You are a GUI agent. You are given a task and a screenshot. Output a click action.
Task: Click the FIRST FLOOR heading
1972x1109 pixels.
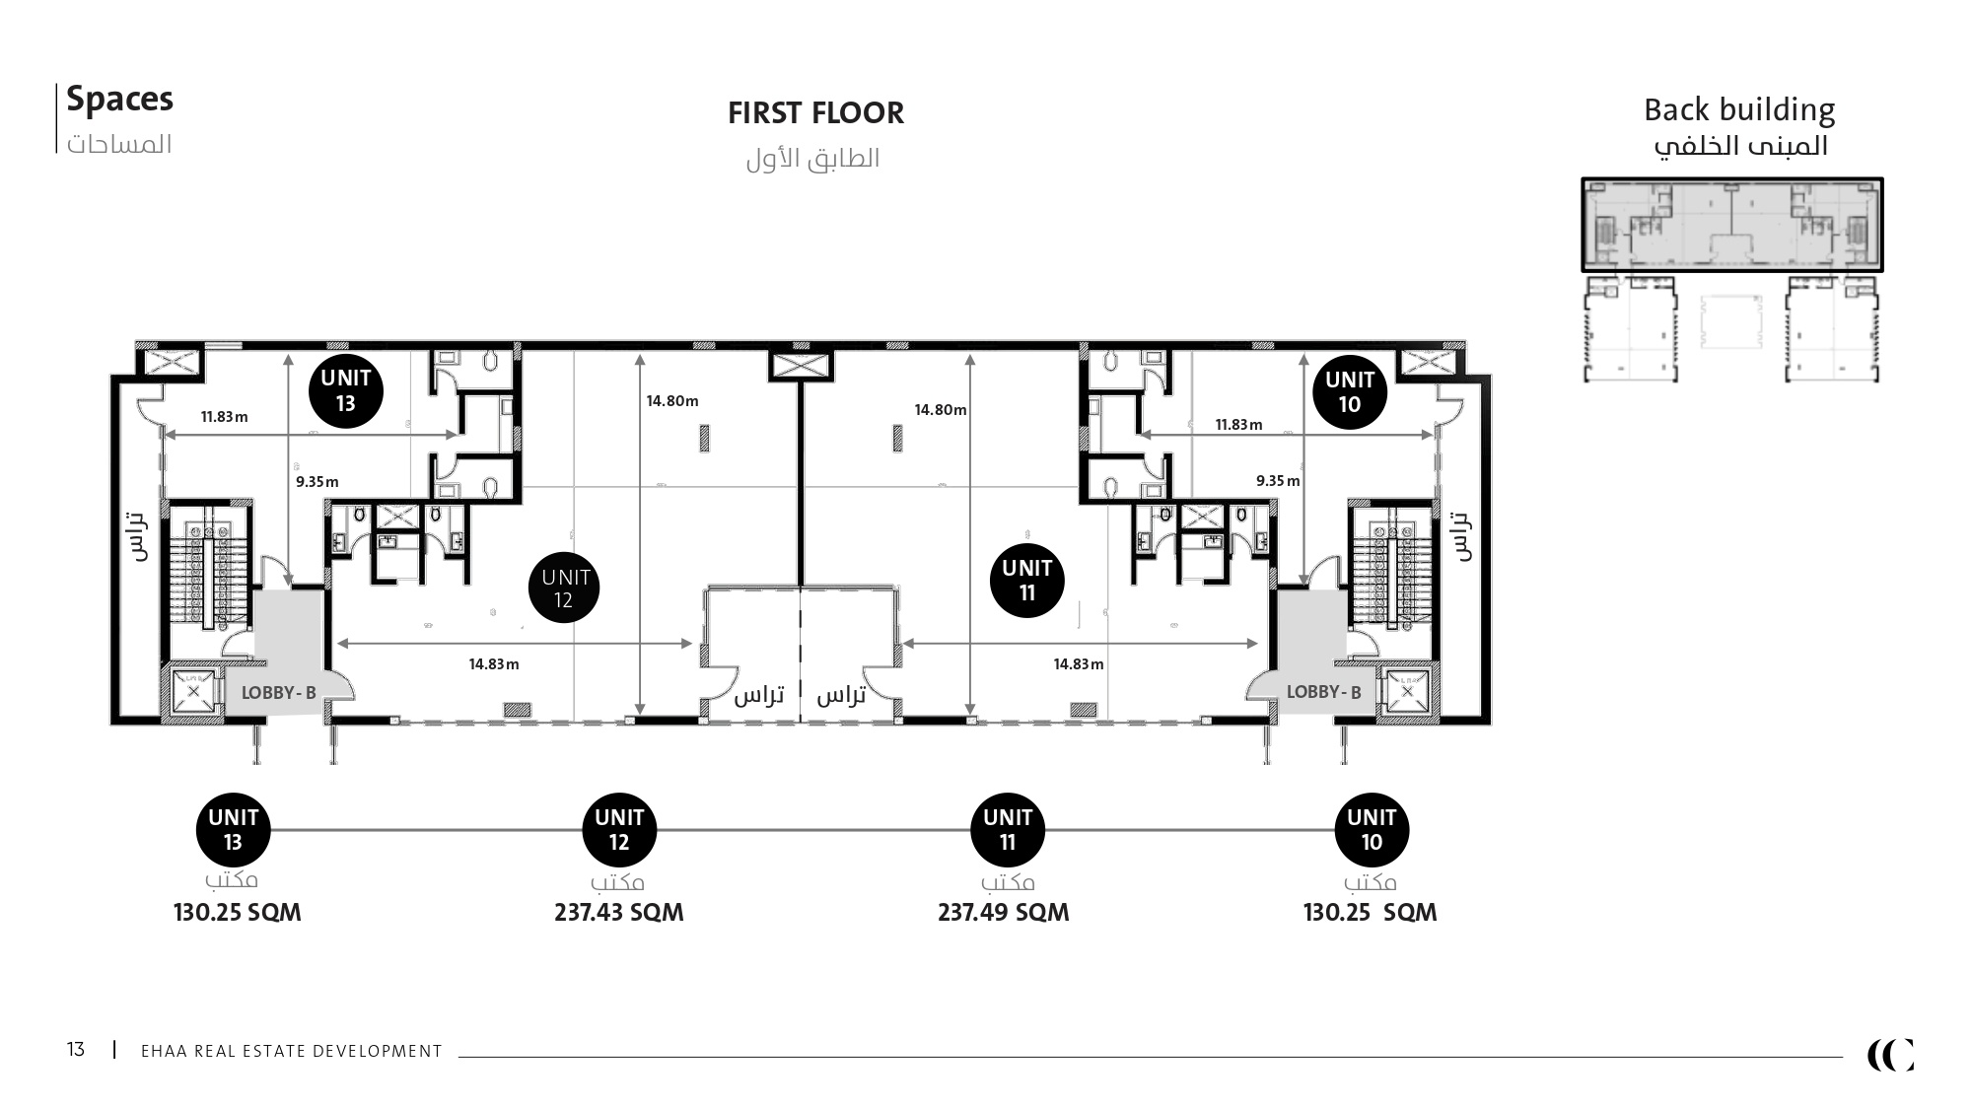815,113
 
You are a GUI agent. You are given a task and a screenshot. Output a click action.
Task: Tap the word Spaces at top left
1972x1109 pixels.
119,100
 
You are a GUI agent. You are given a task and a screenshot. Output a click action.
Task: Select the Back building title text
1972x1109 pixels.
1739,109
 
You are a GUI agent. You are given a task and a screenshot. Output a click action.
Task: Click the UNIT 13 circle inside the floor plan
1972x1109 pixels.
346,390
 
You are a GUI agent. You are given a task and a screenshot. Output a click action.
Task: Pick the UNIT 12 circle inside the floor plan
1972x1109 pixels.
565,588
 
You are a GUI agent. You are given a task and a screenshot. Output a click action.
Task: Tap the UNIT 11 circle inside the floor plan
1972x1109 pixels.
1027,581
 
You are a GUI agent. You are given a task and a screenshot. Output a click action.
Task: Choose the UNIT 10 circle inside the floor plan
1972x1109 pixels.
1350,392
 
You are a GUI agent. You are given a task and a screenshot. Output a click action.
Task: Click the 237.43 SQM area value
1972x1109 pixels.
618,912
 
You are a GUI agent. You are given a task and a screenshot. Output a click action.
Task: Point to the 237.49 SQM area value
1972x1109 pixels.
1003,912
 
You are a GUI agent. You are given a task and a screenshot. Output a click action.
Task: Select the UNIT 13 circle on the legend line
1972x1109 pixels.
234,830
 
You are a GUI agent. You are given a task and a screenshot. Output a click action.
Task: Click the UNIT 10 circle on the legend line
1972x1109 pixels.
1372,830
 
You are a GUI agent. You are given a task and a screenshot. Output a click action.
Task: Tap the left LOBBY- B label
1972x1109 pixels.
279,693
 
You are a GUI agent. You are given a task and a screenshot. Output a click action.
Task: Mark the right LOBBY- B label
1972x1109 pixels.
1323,693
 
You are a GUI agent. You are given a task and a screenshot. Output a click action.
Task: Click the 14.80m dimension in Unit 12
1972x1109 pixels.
672,401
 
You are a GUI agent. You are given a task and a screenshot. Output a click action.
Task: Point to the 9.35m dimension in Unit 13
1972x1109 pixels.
317,482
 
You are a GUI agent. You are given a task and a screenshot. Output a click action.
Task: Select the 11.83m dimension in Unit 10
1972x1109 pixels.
1238,425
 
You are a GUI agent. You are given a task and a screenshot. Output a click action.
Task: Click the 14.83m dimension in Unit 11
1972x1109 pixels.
1079,664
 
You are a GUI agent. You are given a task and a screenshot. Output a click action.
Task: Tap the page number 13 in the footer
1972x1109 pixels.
76,1050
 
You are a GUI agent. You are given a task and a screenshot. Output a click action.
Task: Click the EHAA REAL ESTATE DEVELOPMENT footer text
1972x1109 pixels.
292,1052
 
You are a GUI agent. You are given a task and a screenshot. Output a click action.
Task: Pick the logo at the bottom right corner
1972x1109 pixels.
1890,1055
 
